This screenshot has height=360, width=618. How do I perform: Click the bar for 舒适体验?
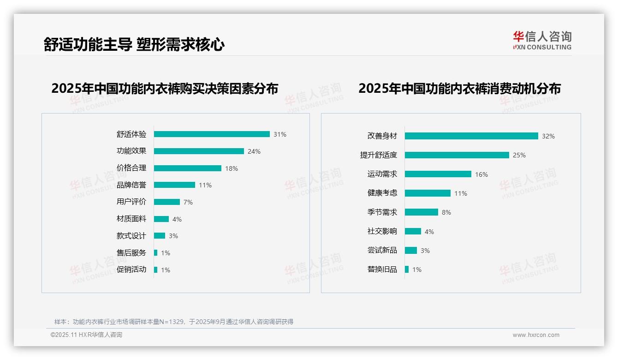coord(212,134)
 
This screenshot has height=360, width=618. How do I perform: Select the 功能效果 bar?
coord(199,151)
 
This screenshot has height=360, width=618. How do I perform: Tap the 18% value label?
coord(232,168)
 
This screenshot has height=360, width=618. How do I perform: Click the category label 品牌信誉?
coord(131,185)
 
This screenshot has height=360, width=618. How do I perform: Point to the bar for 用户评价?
coord(167,202)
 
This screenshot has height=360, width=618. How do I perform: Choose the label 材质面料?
coord(131,219)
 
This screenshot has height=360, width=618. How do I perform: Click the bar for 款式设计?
coord(160,236)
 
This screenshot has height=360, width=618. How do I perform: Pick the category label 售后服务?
coord(131,253)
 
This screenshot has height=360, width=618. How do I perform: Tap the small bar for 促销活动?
coord(156,270)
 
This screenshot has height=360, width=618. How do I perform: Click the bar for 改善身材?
coord(471,136)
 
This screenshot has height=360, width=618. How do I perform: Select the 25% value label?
coord(519,155)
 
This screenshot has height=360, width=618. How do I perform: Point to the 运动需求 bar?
coord(438,174)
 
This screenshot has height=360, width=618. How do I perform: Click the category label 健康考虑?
coord(382,193)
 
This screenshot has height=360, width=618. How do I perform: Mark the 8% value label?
coord(446,212)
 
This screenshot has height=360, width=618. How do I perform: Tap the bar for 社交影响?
coord(413,231)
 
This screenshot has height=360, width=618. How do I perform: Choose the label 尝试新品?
coord(382,250)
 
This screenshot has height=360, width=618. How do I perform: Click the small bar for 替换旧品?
coord(407,270)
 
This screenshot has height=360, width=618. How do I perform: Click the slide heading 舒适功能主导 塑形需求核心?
coord(134,45)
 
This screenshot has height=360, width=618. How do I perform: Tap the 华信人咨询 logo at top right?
coord(542,41)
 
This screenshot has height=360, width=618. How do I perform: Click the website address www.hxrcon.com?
coord(536,335)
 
